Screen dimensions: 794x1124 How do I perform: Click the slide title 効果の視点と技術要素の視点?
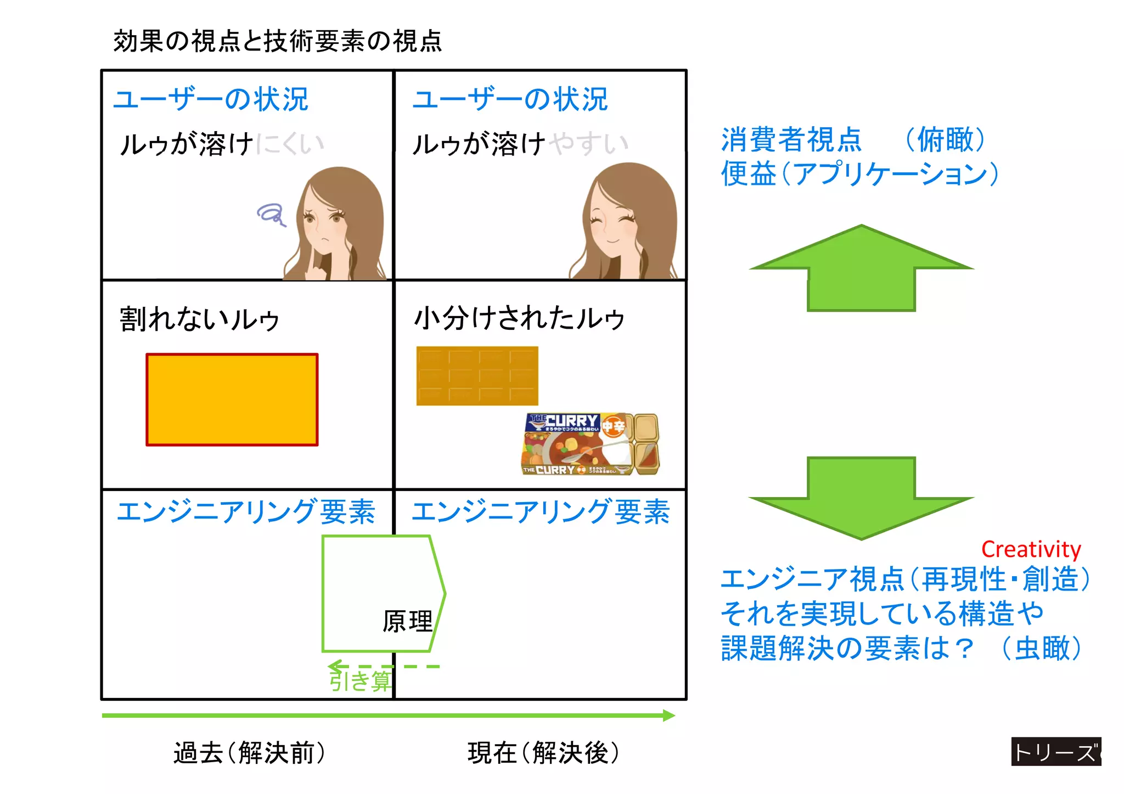277,41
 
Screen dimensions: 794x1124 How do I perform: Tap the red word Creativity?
1030,549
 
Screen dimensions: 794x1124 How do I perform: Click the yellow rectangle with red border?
232,399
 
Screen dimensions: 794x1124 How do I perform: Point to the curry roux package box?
590,444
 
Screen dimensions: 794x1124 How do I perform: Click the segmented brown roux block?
477,376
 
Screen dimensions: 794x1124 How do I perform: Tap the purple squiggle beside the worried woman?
271,214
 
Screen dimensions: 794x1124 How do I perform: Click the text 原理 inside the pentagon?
407,622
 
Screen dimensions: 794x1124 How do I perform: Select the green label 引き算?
360,681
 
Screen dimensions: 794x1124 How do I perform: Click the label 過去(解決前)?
250,752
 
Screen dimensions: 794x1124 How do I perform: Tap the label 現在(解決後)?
543,752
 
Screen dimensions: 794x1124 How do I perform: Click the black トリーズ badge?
1055,752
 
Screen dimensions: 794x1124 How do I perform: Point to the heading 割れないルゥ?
200,319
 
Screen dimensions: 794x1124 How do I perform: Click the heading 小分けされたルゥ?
519,318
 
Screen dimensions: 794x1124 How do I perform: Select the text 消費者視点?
791,139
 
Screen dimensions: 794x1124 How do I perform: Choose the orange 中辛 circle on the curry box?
613,426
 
